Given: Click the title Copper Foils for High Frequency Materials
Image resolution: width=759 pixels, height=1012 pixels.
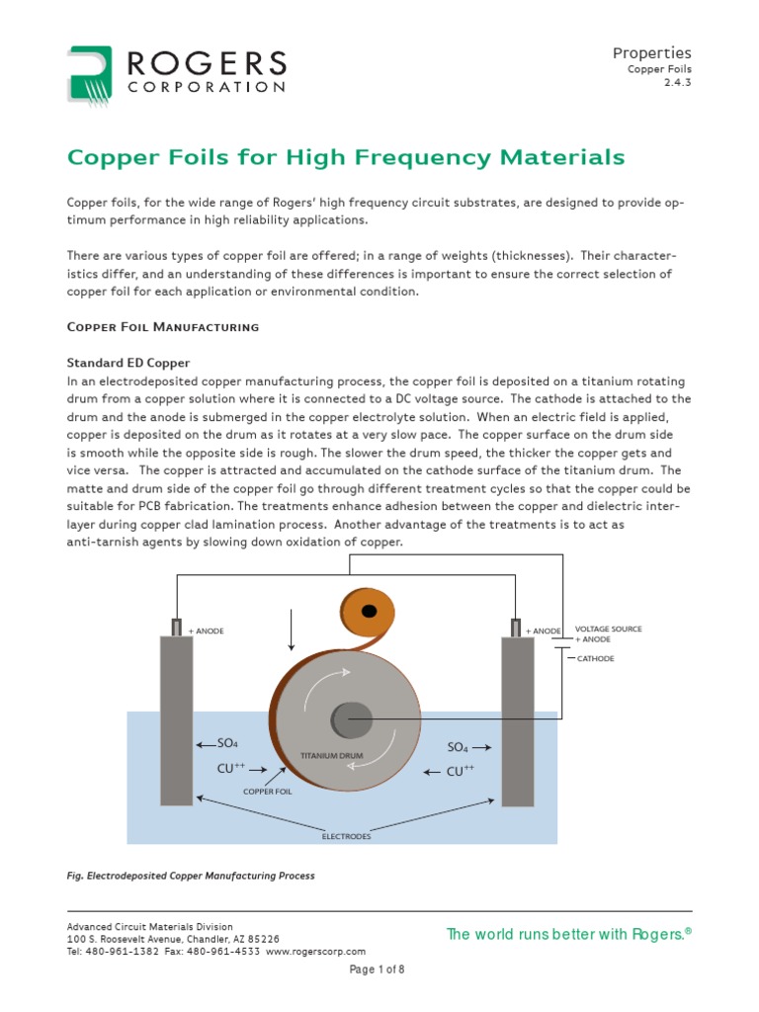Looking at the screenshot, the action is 345,157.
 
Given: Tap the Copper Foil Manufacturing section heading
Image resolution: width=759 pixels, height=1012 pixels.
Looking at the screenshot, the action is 162,326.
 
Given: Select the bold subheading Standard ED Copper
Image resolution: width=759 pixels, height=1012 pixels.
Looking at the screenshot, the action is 127,363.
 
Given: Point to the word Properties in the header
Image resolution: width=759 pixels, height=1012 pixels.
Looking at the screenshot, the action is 651,52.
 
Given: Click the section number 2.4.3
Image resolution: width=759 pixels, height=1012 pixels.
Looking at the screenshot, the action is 676,84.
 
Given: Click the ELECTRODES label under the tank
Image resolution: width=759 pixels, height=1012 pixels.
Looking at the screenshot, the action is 346,836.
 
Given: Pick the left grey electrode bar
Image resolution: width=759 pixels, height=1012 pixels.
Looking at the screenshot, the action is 176,721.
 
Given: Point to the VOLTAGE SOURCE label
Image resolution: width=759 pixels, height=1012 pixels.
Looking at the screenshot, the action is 608,629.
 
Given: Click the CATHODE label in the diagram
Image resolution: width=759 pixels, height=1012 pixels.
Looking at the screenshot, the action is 595,658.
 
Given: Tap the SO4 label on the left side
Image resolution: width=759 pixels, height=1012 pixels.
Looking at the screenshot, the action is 227,743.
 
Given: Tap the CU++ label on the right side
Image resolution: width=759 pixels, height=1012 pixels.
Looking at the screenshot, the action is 461,771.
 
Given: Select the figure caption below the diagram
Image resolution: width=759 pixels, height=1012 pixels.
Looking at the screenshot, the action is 190,876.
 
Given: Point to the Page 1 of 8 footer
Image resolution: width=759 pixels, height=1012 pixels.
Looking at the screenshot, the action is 378,970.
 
